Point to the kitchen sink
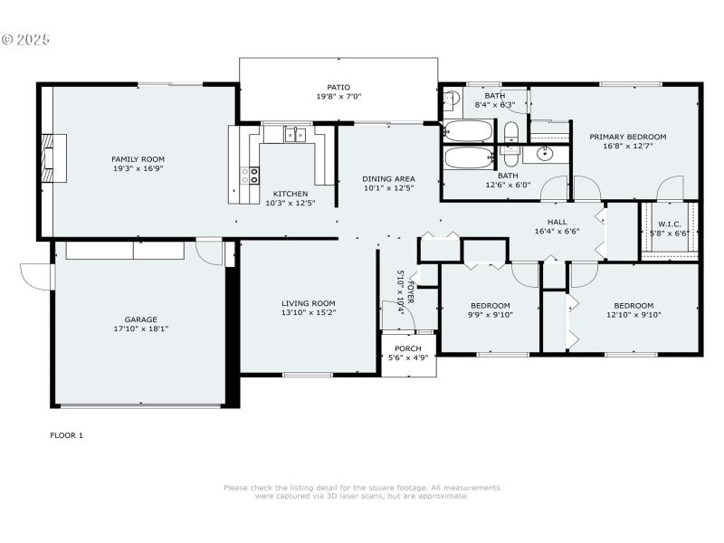click(x=295, y=136)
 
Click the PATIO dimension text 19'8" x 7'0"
click(x=338, y=96)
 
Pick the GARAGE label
click(x=141, y=319)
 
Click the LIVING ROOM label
click(x=308, y=304)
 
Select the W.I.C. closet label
click(x=670, y=224)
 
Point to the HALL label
click(x=557, y=222)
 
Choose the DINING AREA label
click(x=388, y=179)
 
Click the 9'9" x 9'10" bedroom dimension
click(x=490, y=315)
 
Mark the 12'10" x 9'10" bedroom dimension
click(x=633, y=315)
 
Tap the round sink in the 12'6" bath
click(x=545, y=154)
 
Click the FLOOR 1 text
click(x=66, y=435)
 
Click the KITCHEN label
click(x=291, y=194)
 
